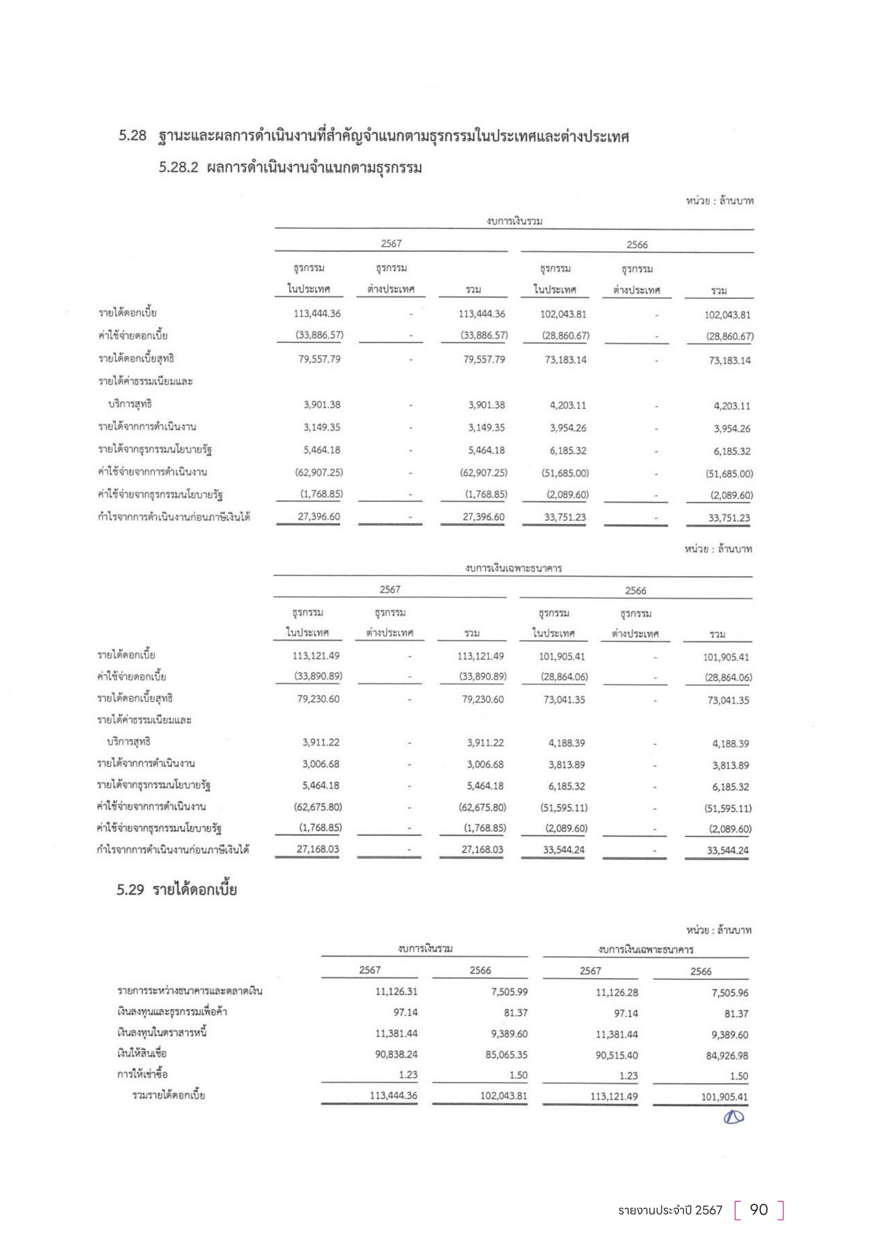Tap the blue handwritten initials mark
tap(734, 1117)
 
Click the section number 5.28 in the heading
tap(132, 135)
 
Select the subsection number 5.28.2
tap(178, 167)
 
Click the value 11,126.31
tap(396, 992)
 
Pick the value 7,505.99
tap(509, 992)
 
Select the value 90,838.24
tap(396, 1054)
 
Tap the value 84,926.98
tap(727, 1055)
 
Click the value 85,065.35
tap(506, 1054)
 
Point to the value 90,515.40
tap(616, 1055)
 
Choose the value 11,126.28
tap(616, 992)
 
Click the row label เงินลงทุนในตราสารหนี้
tap(162, 1033)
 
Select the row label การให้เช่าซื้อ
tap(142, 1074)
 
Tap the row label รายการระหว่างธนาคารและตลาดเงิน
tap(189, 991)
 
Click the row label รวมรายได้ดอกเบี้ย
tap(169, 1095)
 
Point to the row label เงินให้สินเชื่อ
tap(142, 1053)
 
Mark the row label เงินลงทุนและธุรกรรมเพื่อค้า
tap(172, 1012)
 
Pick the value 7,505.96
tap(730, 993)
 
